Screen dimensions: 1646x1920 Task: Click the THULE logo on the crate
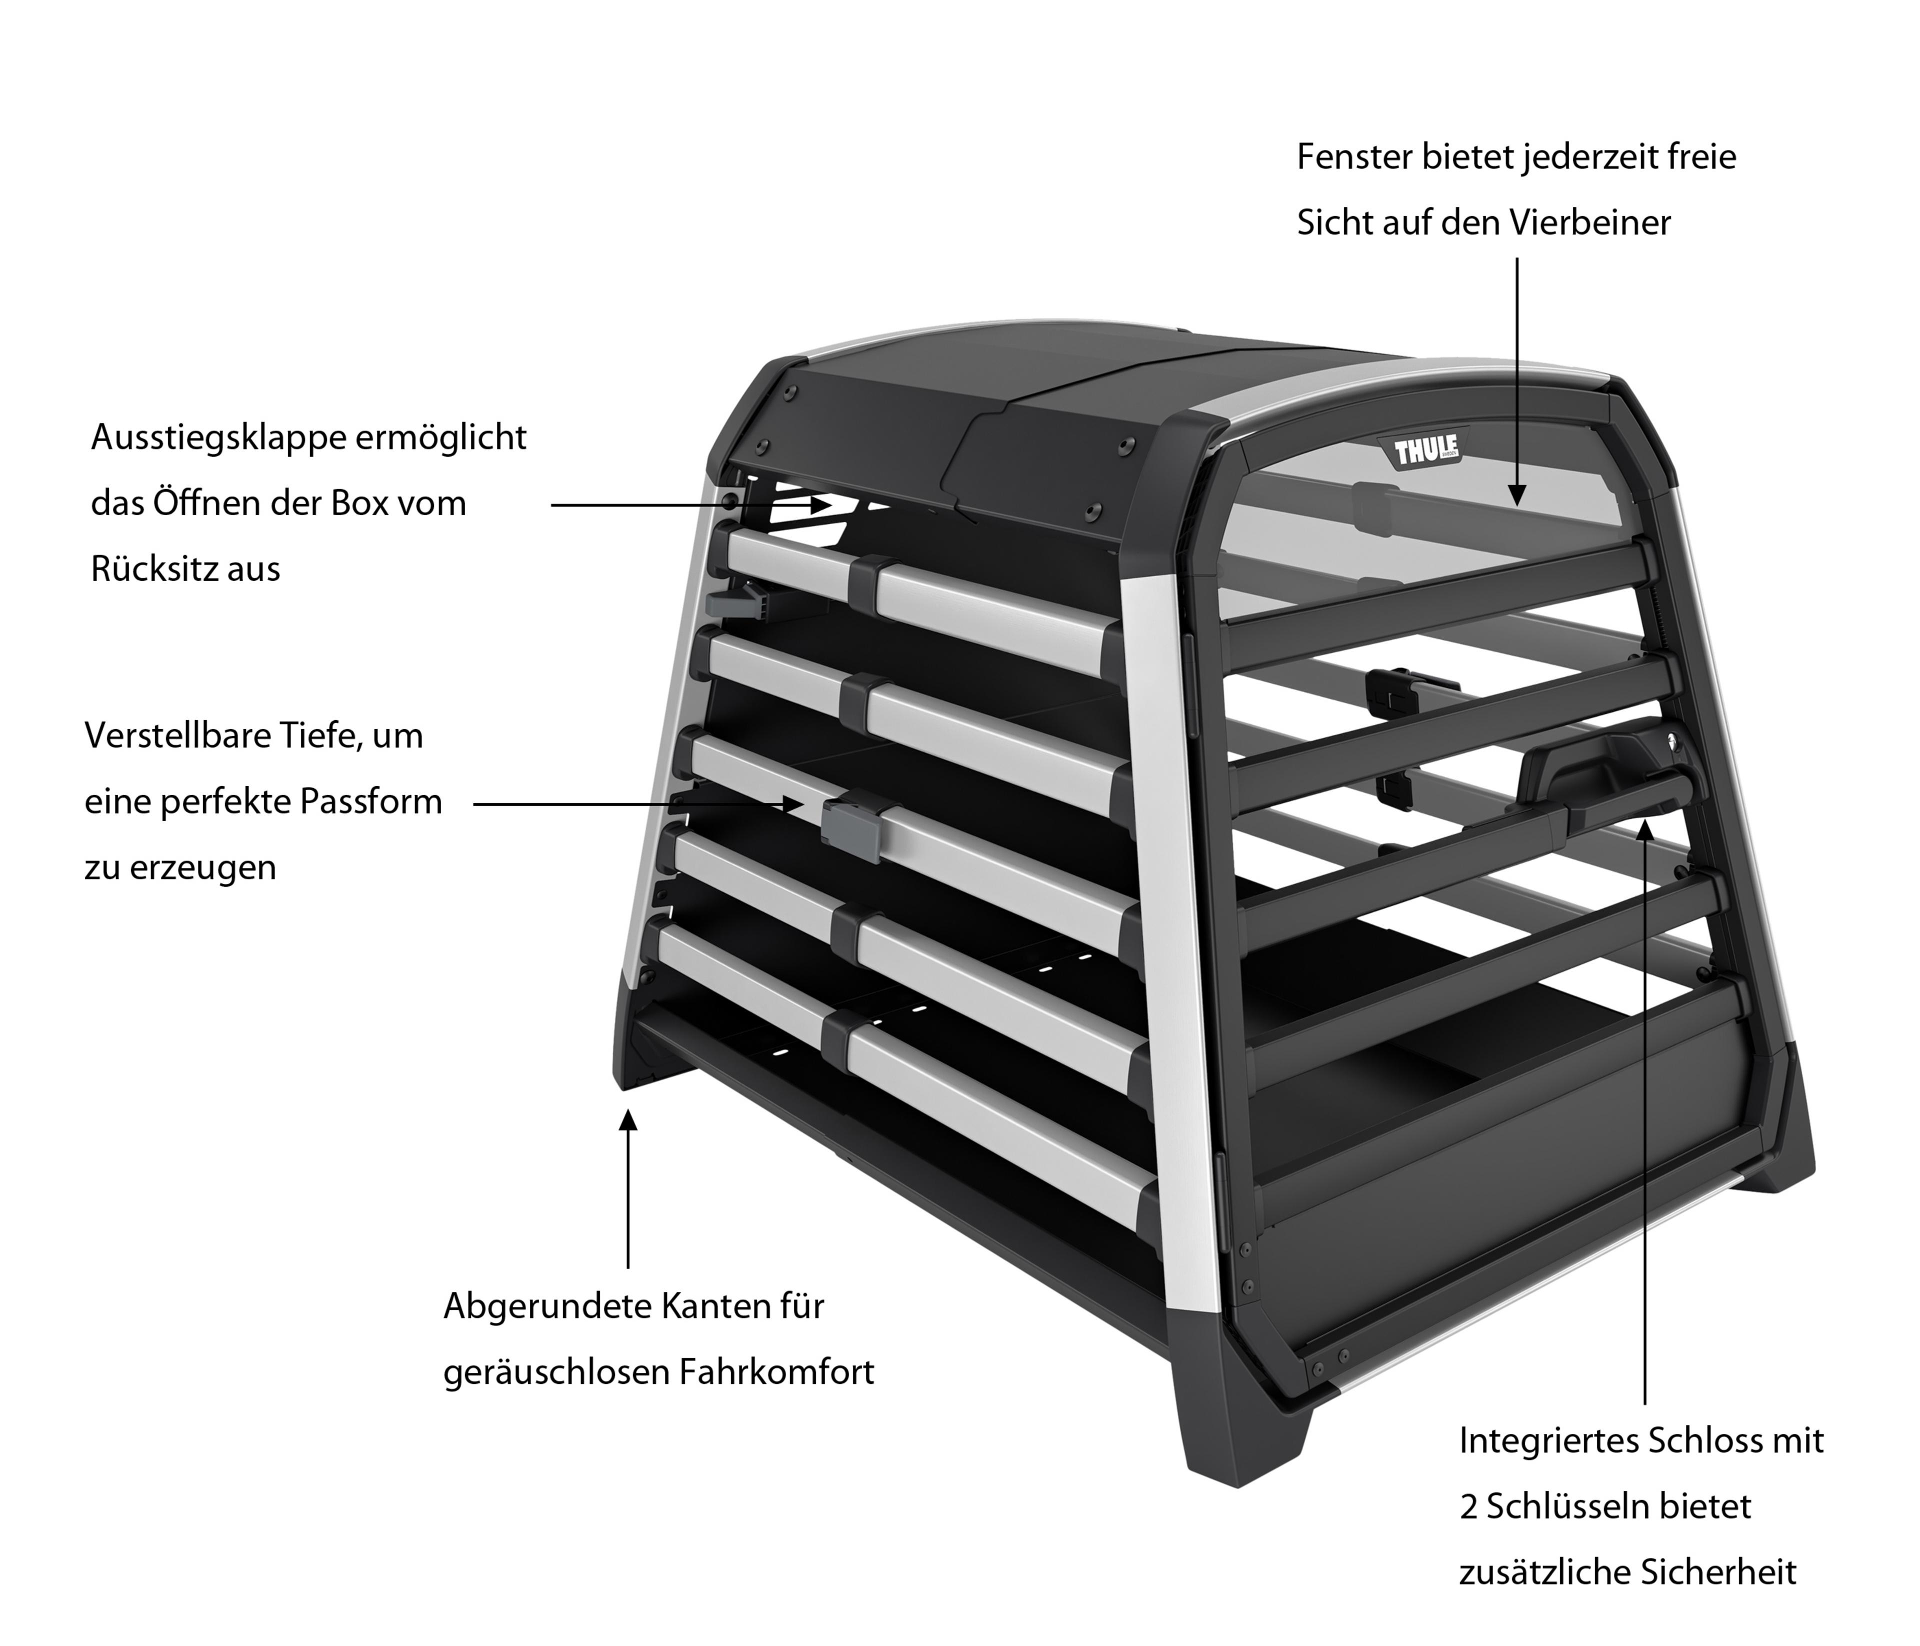click(1426, 451)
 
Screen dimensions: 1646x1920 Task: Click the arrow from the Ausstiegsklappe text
click(690, 505)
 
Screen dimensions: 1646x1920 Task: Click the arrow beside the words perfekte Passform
click(639, 804)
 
